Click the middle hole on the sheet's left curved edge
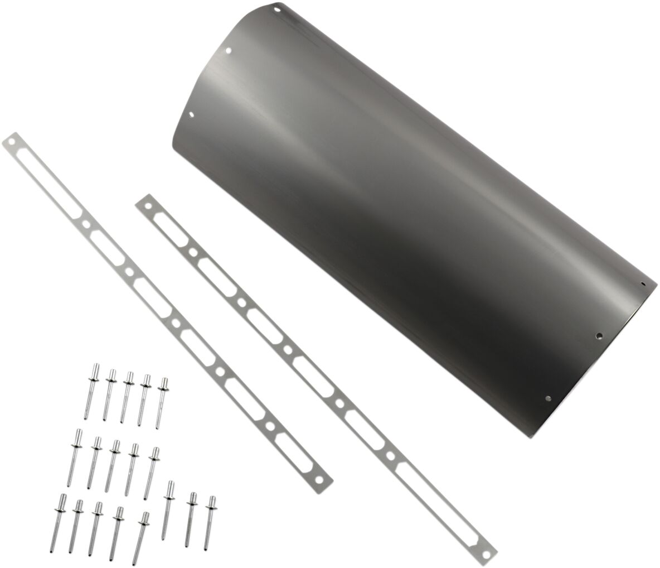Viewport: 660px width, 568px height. click(229, 51)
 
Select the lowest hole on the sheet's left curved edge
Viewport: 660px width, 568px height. click(192, 115)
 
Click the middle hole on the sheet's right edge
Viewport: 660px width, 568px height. click(599, 336)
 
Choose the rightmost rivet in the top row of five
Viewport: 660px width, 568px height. click(162, 403)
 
